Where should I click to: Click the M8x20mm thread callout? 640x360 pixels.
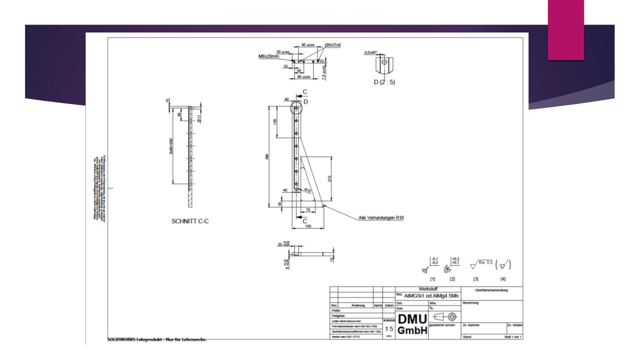(269, 56)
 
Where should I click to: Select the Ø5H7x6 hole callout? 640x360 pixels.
(332, 45)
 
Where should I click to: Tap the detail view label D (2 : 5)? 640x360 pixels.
(384, 82)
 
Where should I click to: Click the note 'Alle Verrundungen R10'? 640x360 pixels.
(381, 217)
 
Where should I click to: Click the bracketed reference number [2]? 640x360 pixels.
(452, 278)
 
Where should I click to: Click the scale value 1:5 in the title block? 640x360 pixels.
(388, 329)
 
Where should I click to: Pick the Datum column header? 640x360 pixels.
(389, 304)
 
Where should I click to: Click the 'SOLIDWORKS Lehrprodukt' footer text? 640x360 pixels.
(157, 340)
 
